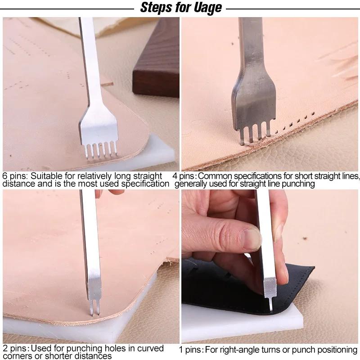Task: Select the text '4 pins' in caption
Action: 188,176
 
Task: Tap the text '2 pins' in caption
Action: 13,349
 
